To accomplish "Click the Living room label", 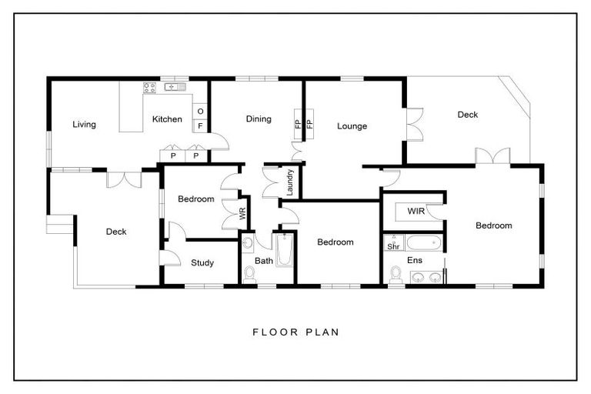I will coord(84,125).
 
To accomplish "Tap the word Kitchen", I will coord(167,119).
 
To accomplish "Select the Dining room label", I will coord(259,119).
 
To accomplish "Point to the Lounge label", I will coord(352,126).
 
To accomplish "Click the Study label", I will coord(202,263).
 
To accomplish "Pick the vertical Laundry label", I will coord(291,182).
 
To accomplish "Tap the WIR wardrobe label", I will coord(416,210).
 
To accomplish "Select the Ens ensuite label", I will coord(414,261).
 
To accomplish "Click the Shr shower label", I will coord(392,247).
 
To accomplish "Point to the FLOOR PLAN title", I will coord(295,333).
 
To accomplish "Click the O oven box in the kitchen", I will coord(200,111).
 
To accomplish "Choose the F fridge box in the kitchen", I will coord(200,125).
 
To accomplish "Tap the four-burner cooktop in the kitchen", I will coord(149,88).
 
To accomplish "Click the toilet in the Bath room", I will coord(249,273).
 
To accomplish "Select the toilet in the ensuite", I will coord(396,275).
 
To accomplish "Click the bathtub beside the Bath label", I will coord(284,251).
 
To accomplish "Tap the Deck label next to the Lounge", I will coord(468,115).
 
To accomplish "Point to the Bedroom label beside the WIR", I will coord(493,225).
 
